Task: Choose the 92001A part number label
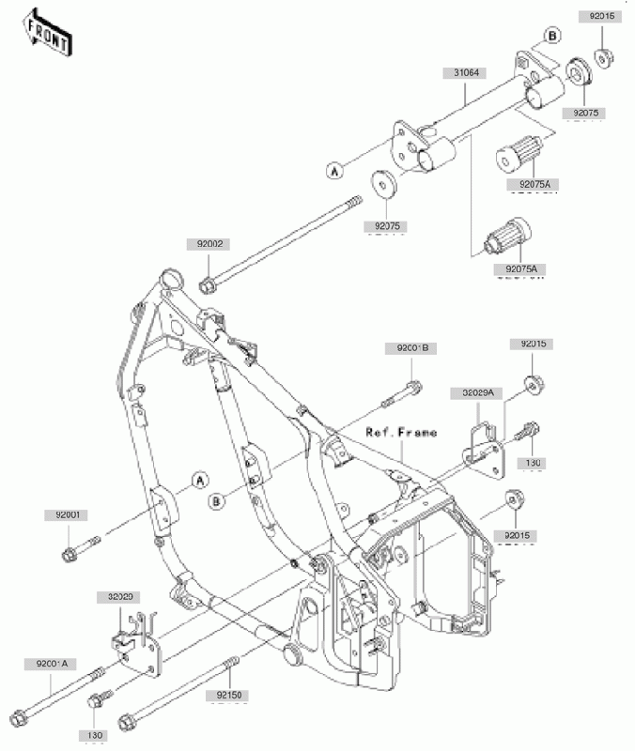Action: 49,665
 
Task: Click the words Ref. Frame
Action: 402,433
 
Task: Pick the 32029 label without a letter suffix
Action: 118,596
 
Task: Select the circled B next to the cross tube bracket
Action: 552,36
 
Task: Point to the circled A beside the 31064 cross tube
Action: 333,170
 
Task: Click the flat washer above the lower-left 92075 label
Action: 383,181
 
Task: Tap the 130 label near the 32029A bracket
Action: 533,463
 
